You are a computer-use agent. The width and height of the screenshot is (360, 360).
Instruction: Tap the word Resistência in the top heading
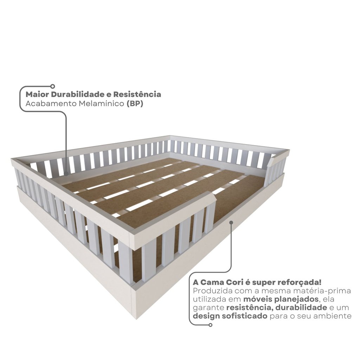pos(137,94)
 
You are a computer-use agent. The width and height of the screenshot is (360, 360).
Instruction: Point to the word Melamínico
pos(102,104)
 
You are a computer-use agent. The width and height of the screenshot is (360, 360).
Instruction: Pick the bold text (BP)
pos(135,104)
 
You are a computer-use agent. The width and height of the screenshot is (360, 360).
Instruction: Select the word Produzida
pos(210,291)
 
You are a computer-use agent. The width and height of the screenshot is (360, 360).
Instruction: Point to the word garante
pos(208,308)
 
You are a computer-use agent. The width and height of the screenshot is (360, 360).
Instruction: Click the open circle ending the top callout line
pos(53,86)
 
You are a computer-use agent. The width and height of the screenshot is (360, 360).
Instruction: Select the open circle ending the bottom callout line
pos(210,324)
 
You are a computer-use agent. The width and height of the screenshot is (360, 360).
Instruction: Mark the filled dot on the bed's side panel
pos(231,223)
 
